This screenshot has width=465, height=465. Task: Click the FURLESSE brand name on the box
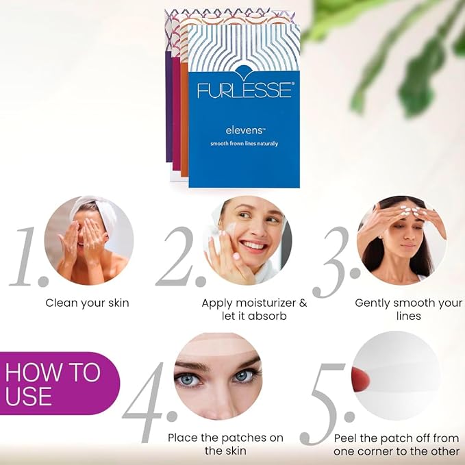tap(245, 90)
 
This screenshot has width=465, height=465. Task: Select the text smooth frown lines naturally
tap(244, 143)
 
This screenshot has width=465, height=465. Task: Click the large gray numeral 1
tap(27, 258)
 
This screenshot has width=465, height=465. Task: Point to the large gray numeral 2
tap(179, 258)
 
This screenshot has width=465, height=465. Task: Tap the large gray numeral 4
tap(148, 405)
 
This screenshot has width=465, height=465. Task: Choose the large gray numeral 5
tap(325, 405)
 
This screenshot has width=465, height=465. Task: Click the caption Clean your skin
tap(87, 303)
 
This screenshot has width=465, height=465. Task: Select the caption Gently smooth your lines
tap(408, 310)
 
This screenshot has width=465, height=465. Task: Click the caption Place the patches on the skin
tap(216, 444)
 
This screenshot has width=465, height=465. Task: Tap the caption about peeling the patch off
tap(397, 444)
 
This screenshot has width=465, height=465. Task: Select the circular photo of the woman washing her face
tap(88, 240)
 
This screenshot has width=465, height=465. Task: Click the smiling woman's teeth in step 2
tap(254, 244)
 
